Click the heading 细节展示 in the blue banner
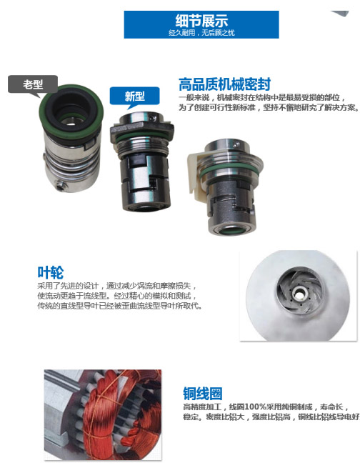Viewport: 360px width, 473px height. click(x=201, y=21)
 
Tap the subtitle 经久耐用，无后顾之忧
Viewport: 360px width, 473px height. click(x=201, y=33)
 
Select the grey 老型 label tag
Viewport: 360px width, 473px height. click(x=33, y=84)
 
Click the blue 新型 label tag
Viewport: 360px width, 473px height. click(x=134, y=96)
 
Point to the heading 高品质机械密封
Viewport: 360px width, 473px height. click(x=224, y=84)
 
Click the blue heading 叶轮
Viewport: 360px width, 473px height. click(x=50, y=272)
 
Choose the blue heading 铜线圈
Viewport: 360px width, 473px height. click(x=203, y=394)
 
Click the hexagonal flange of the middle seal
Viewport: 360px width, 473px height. click(x=141, y=129)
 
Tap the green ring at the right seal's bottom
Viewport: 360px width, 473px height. click(x=231, y=231)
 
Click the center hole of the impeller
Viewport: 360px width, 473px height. click(x=299, y=293)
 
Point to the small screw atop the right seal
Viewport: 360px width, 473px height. click(x=236, y=144)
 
